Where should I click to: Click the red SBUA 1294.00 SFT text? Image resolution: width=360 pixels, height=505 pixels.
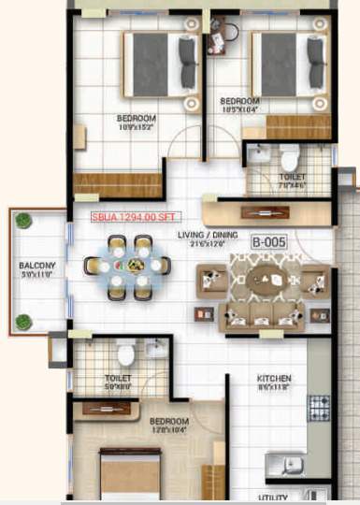[x=131, y=217]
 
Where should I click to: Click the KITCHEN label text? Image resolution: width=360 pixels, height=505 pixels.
[x=275, y=379]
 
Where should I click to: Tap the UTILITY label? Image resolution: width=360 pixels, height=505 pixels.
[x=274, y=497]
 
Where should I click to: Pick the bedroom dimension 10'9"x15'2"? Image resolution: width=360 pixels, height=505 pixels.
[x=136, y=127]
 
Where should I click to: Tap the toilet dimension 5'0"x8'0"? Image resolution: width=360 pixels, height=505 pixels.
[x=118, y=386]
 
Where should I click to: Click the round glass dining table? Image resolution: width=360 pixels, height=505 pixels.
[x=128, y=267]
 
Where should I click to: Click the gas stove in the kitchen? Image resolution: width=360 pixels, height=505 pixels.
[x=319, y=407]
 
